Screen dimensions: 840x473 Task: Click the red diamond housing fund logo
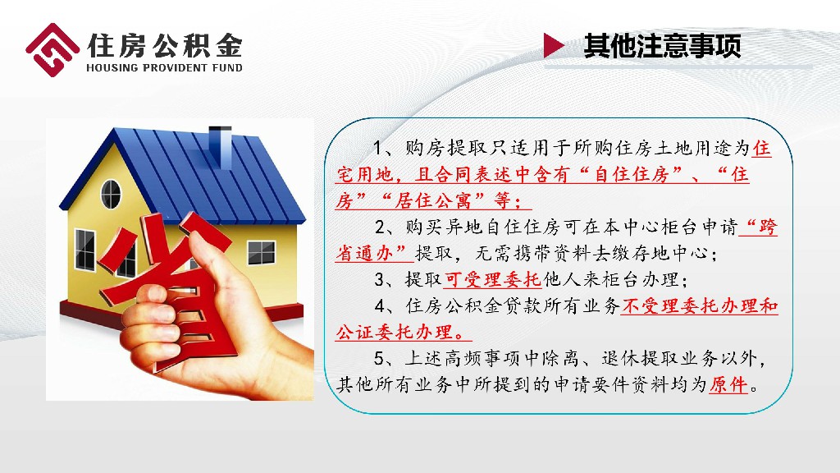[52, 50]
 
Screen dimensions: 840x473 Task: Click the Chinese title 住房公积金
[164, 45]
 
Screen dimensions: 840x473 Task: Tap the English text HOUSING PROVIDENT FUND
[164, 67]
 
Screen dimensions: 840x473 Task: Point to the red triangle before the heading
[554, 45]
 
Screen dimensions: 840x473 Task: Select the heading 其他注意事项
[662, 46]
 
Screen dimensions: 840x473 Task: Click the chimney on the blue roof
[220, 145]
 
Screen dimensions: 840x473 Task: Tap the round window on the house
[111, 194]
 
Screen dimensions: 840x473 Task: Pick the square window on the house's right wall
[261, 252]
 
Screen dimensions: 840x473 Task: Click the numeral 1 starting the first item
[378, 148]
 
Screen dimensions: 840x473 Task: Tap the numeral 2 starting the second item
[380, 227]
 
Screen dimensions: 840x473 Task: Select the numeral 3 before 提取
[380, 279]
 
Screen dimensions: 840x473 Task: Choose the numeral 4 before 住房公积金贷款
[380, 306]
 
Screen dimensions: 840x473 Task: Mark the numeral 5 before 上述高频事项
[379, 358]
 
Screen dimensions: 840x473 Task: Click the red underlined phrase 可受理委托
[493, 279]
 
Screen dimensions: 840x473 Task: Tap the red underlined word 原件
[728, 384]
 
